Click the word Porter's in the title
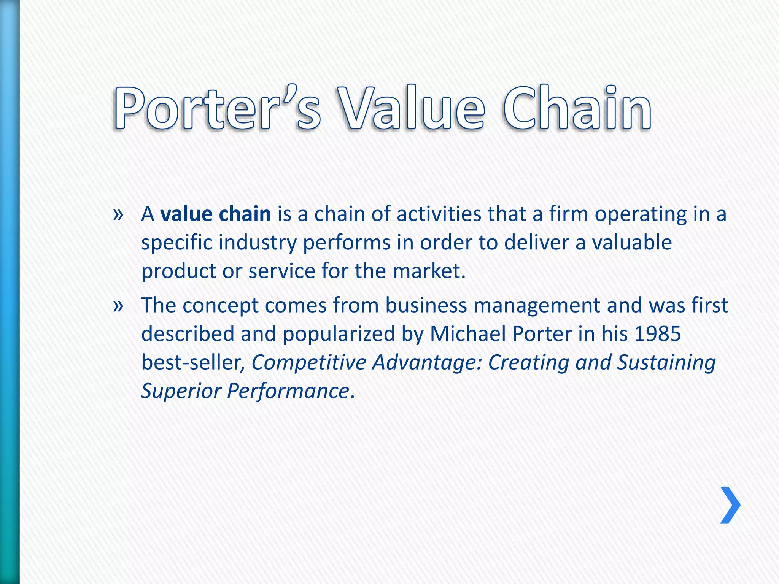point(217,108)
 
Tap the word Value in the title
point(411,108)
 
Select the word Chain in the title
point(577,108)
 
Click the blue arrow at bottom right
point(730,505)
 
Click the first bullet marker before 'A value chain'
point(118,215)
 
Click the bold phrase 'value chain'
point(215,214)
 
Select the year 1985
point(657,334)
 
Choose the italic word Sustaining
point(666,362)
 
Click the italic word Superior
point(181,391)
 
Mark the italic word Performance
point(288,391)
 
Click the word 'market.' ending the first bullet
point(429,271)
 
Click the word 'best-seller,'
point(193,362)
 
